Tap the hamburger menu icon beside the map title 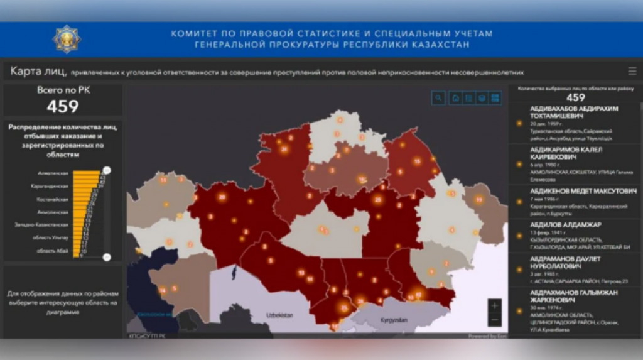(632, 71)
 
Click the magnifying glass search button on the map (438, 98)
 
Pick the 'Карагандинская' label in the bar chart (50, 186)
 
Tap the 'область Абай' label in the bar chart (53, 251)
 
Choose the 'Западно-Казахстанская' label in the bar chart (41, 224)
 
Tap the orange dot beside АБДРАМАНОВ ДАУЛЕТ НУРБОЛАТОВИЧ (519, 270)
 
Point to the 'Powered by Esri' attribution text (487, 336)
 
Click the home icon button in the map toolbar (455, 98)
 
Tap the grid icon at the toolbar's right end (495, 98)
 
